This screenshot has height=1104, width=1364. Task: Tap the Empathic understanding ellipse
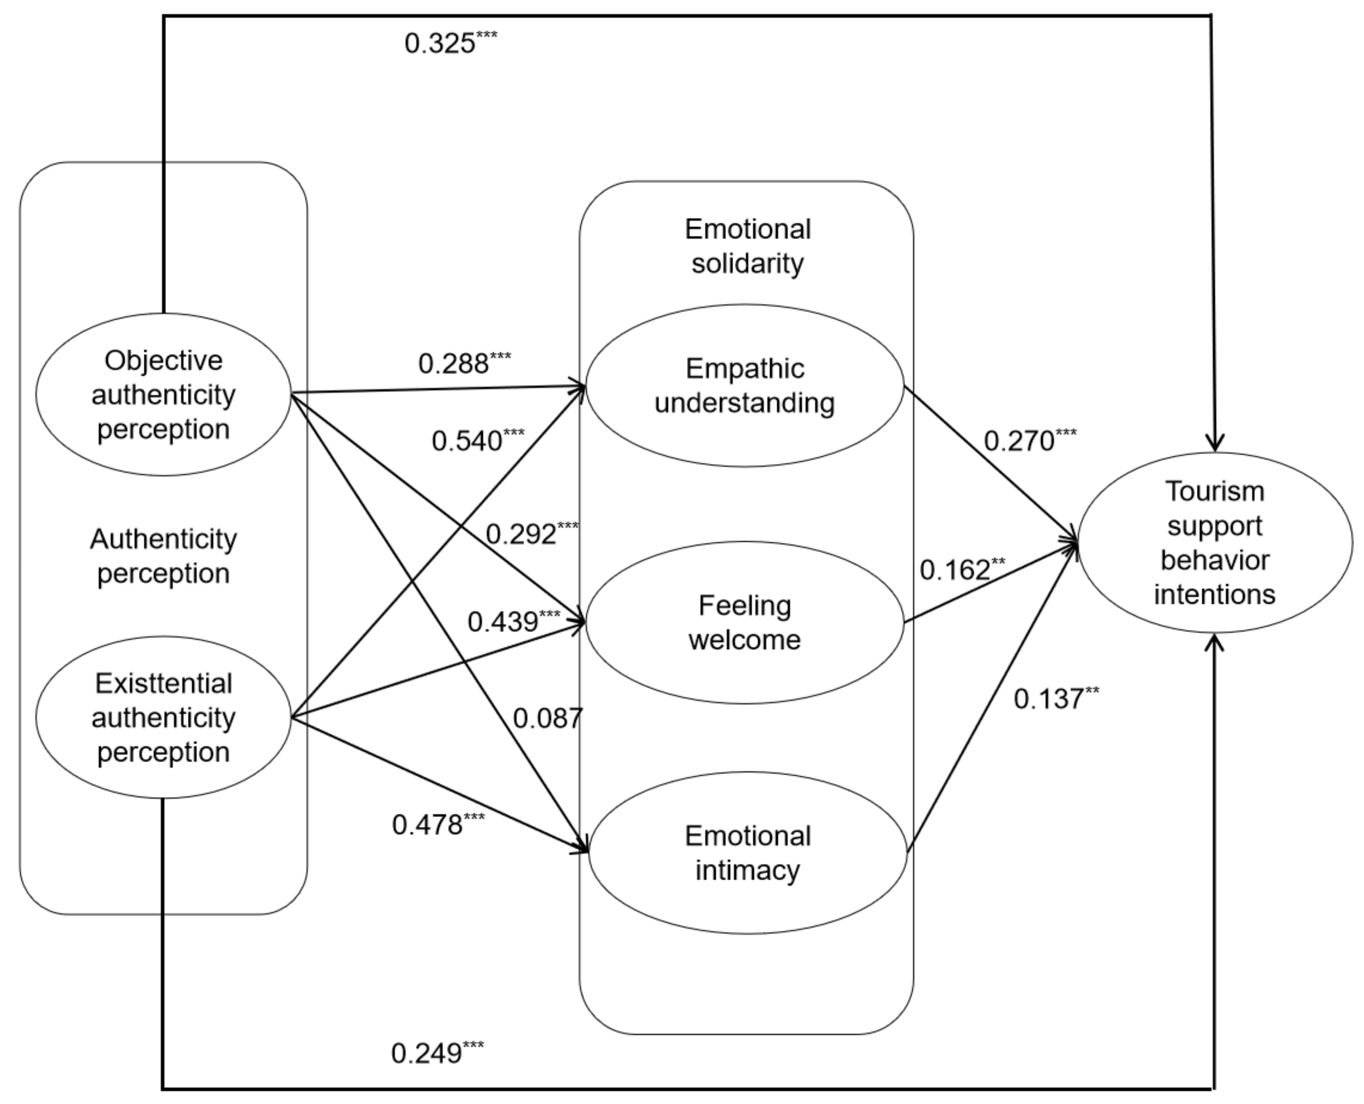coord(744,386)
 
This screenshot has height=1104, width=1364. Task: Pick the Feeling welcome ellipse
coord(744,622)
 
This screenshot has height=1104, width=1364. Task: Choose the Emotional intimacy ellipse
coord(748,853)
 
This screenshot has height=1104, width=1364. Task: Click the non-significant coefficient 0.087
coord(547,719)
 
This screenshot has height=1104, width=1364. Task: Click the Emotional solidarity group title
coord(748,246)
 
